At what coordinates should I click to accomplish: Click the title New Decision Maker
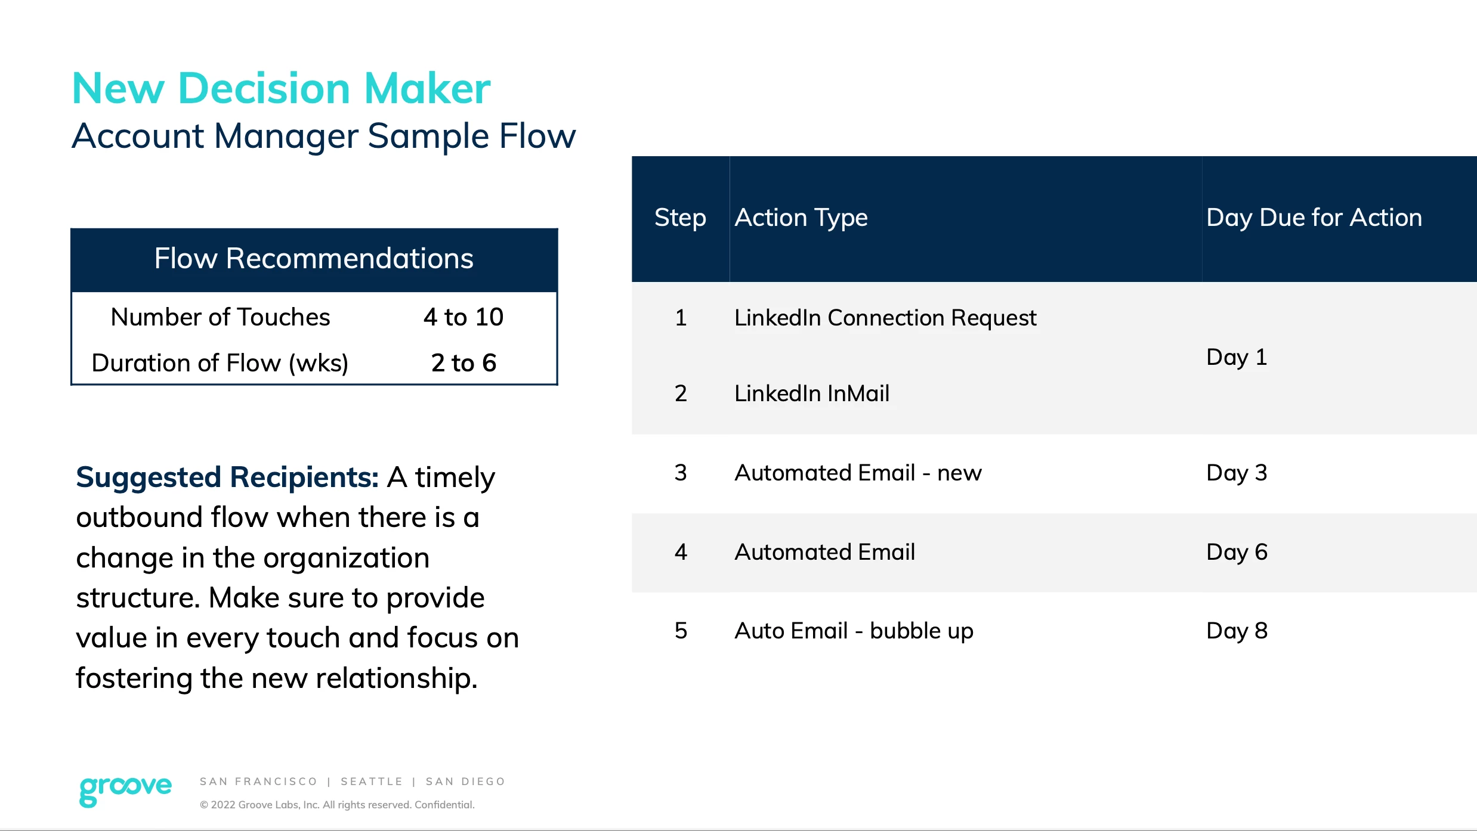(281, 88)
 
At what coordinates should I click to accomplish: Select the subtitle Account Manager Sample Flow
(324, 136)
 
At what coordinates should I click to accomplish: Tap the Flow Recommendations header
(314, 259)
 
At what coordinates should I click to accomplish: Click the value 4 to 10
(464, 317)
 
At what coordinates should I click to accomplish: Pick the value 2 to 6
(464, 363)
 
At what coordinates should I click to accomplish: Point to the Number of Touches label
(220, 317)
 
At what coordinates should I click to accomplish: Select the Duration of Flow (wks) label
(220, 363)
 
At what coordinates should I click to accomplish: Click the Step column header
(680, 218)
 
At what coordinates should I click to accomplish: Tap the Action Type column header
(801, 218)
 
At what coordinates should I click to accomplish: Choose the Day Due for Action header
(1314, 218)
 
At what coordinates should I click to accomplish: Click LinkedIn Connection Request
(885, 318)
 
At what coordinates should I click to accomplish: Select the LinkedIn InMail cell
(812, 393)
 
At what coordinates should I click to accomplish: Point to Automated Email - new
(858, 473)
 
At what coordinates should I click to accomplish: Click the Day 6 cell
(1237, 553)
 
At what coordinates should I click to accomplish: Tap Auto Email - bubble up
(854, 631)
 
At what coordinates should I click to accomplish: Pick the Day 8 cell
(1237, 631)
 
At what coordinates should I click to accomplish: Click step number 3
(681, 473)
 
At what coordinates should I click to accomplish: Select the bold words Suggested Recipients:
(227, 477)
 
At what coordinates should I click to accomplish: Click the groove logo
(125, 790)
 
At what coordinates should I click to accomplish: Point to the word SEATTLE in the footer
(372, 782)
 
